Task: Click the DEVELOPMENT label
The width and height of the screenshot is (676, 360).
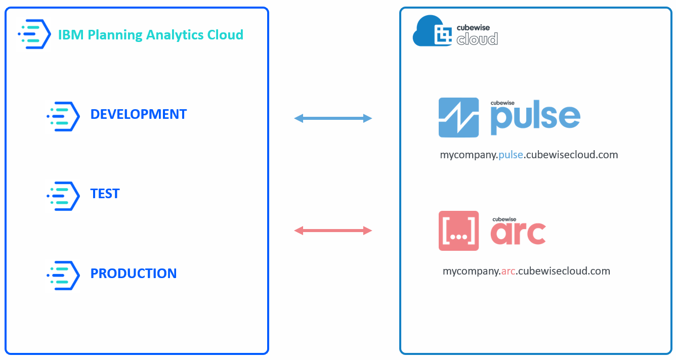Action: click(138, 114)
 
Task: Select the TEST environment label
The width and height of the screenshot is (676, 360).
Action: click(105, 194)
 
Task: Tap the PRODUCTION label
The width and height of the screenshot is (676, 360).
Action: click(134, 274)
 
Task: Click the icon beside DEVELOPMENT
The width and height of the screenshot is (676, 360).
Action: click(64, 116)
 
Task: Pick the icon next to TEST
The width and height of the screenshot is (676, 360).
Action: click(64, 196)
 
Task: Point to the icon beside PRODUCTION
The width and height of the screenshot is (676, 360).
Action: click(64, 275)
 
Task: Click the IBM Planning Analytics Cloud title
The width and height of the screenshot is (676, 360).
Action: click(151, 35)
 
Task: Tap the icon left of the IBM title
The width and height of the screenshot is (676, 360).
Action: click(34, 34)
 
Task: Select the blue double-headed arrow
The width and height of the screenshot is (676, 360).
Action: click(333, 118)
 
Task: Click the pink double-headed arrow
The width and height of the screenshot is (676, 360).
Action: click(333, 231)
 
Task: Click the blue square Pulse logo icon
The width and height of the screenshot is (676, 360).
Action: click(458, 117)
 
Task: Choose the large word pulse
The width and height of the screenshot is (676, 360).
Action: click(535, 120)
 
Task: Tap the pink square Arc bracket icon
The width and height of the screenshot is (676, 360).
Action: click(458, 231)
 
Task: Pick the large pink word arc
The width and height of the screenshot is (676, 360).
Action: click(518, 233)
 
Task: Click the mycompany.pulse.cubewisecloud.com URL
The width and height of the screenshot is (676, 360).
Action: click(529, 155)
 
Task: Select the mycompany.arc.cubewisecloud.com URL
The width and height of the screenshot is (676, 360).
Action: click(526, 271)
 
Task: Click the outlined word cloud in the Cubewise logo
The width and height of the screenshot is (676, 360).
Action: click(477, 39)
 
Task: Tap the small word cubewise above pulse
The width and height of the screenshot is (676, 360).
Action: click(502, 103)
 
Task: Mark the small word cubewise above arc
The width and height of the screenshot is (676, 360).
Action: click(504, 218)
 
